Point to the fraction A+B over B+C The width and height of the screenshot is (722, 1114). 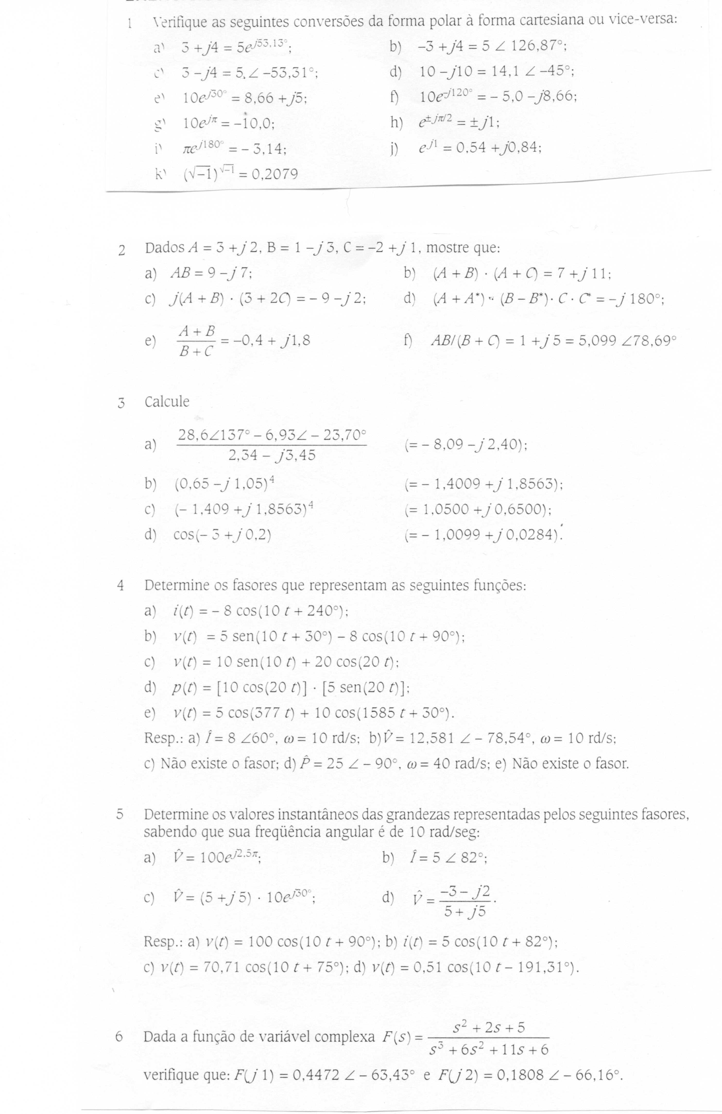tap(196, 341)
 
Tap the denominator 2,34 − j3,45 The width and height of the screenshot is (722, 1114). tap(271, 454)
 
